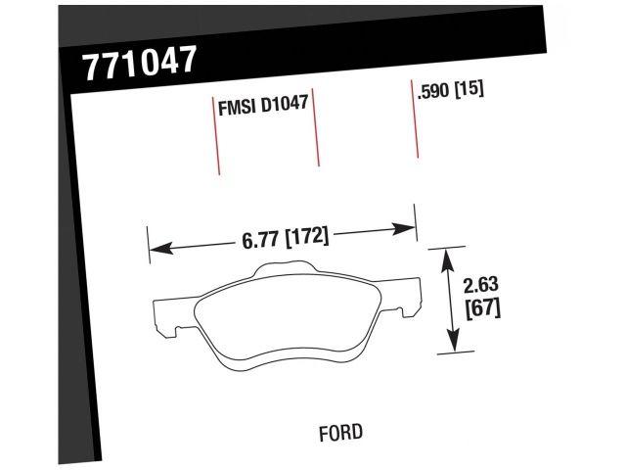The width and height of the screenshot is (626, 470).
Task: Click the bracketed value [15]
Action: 470,90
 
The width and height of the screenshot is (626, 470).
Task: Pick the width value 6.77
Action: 259,239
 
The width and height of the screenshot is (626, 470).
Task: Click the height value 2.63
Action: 480,286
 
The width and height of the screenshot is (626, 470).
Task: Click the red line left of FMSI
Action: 217,137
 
